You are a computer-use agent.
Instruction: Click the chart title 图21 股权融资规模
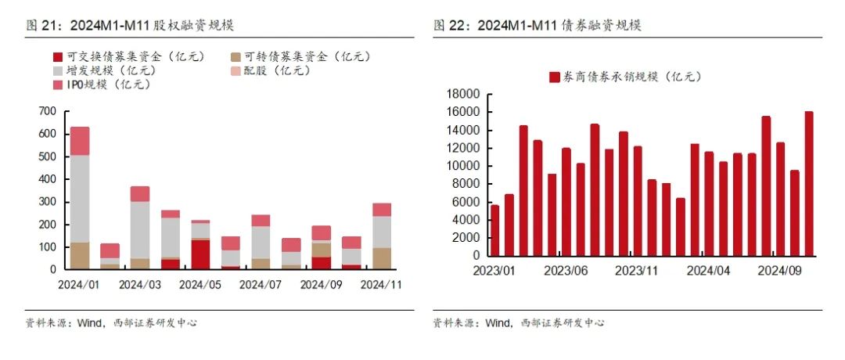(130, 25)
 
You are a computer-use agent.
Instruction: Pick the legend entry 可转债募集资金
(298, 57)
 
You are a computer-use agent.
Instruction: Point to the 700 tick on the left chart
(47, 111)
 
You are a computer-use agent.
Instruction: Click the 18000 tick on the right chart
(462, 94)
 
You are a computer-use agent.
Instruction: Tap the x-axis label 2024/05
(200, 285)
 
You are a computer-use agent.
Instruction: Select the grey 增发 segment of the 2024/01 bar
(80, 199)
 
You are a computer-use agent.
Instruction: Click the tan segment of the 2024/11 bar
(382, 258)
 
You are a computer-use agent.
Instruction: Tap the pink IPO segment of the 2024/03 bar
(140, 194)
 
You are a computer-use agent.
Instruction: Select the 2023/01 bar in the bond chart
(494, 231)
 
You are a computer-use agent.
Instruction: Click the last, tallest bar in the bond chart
(809, 184)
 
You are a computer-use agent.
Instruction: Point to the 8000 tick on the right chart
(466, 184)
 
